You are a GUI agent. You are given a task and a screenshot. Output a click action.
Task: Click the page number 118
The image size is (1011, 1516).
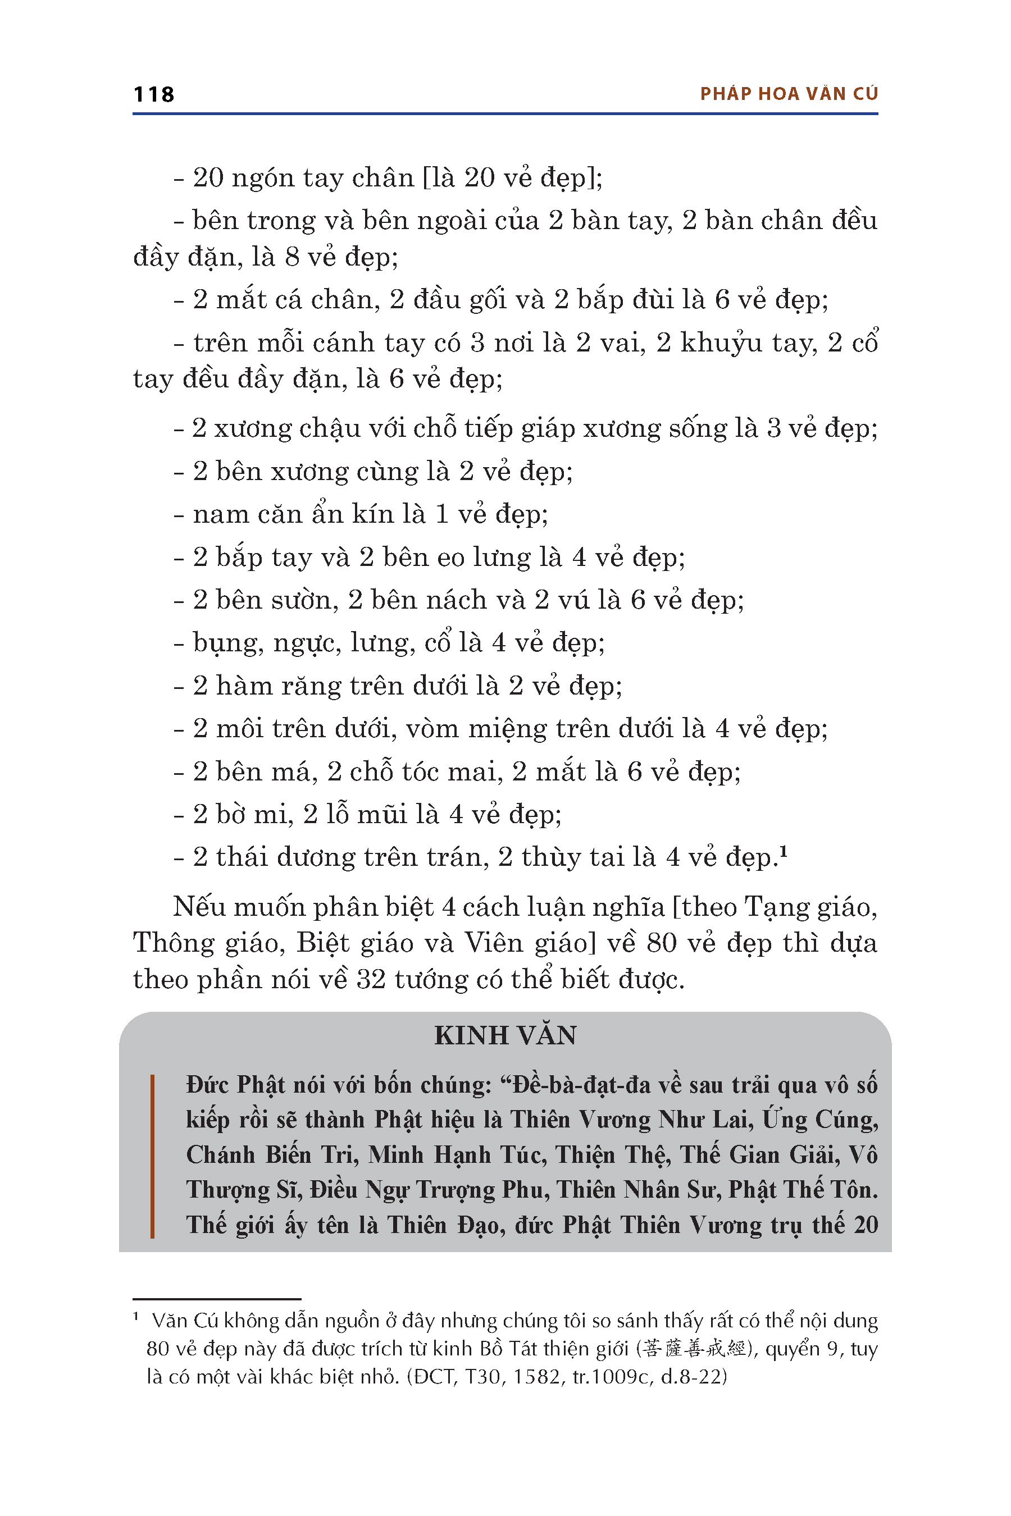pos(153,94)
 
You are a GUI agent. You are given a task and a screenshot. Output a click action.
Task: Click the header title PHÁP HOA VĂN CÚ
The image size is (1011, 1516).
pos(789,94)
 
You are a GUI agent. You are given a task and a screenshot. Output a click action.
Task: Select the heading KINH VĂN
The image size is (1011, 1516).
pos(505,1036)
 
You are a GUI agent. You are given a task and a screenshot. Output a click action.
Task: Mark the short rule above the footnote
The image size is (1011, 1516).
pos(217,1299)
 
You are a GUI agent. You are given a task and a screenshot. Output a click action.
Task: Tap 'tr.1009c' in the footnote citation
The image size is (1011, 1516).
pos(613,1377)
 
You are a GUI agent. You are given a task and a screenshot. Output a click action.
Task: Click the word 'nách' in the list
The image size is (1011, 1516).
pos(457,600)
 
